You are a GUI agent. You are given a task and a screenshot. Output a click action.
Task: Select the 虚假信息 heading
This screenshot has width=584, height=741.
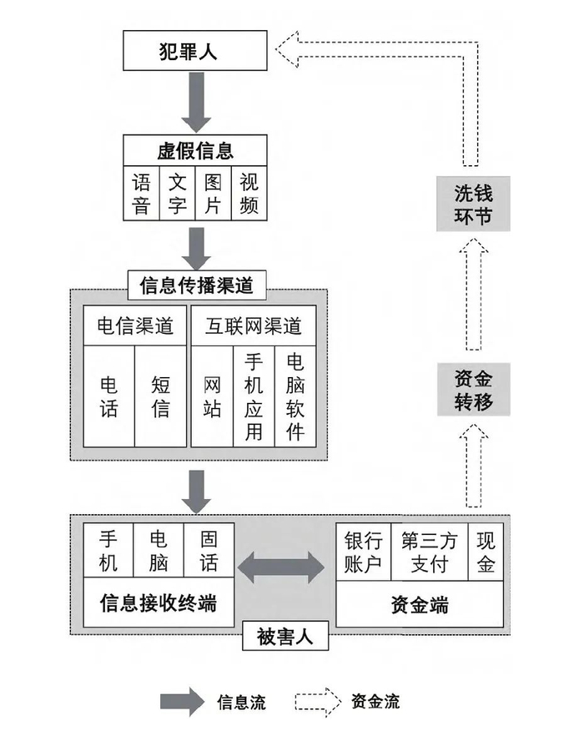[196, 150]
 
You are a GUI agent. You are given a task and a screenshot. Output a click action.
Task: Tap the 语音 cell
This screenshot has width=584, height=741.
[142, 194]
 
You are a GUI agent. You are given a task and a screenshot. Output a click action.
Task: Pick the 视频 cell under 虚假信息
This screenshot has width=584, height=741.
[249, 194]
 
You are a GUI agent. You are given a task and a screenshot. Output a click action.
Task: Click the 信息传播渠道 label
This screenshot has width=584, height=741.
[196, 286]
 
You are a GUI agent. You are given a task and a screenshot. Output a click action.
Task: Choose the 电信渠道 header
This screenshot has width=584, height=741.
[135, 325]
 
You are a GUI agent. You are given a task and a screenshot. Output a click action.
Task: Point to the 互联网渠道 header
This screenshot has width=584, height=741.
[253, 325]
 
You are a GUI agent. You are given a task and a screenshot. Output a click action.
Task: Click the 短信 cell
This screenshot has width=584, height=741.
[161, 396]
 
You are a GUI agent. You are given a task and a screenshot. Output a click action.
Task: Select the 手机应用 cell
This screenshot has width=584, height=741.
[254, 396]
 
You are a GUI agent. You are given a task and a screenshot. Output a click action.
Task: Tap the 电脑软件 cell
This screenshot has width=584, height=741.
[295, 396]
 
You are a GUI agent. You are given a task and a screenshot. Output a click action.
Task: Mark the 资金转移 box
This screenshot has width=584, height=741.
[473, 391]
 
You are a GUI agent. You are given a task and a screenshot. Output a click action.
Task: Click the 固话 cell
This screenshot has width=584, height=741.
[209, 551]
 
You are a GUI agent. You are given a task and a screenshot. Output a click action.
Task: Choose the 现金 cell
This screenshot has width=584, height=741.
[486, 551]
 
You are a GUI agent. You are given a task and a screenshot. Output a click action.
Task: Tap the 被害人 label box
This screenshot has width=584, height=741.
[284, 637]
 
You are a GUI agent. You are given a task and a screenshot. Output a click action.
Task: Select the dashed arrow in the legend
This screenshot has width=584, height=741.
[318, 700]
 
